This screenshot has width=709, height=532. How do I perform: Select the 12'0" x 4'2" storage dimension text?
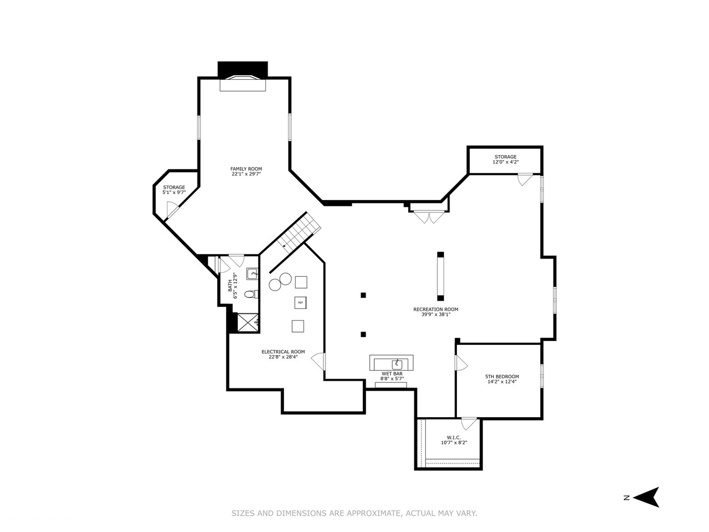tap(506, 162)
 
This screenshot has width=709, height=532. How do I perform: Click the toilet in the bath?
tap(251, 295)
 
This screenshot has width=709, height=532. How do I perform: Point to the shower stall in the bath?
tap(248, 322)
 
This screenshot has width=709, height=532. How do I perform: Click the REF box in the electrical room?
tap(301, 302)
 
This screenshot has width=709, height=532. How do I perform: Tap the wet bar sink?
tap(397, 365)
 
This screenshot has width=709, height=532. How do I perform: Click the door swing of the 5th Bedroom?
tap(461, 364)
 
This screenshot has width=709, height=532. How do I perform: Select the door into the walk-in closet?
tap(469, 423)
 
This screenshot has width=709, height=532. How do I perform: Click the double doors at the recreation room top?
tap(429, 216)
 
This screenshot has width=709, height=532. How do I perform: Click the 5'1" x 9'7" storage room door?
tap(172, 211)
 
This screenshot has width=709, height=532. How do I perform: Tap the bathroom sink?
tap(252, 273)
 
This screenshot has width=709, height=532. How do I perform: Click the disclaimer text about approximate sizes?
tap(354, 513)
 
